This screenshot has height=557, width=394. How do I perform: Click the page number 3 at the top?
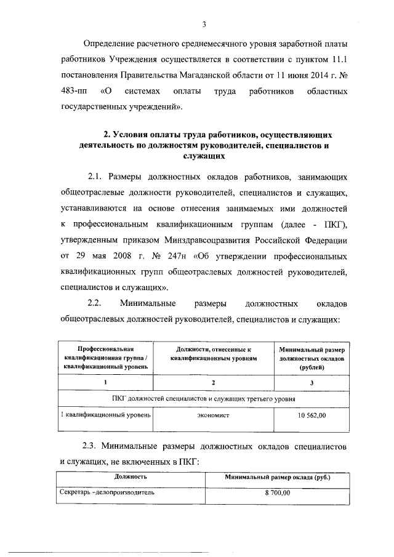click(203, 25)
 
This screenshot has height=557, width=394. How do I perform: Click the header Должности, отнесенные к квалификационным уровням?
click(213, 353)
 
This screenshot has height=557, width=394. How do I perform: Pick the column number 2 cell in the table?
click(213, 383)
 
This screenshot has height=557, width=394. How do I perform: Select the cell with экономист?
click(213, 416)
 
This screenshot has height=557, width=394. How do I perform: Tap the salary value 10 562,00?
click(312, 416)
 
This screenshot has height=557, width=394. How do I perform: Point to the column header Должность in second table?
click(130, 477)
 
